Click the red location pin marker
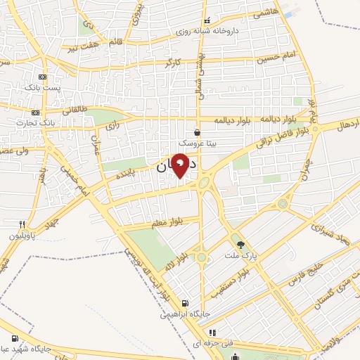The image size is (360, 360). [180, 165]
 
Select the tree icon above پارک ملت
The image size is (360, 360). [242, 244]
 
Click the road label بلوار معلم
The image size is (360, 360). [166, 222]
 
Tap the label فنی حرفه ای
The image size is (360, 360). [217, 342]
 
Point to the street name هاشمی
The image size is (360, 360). [266, 13]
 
